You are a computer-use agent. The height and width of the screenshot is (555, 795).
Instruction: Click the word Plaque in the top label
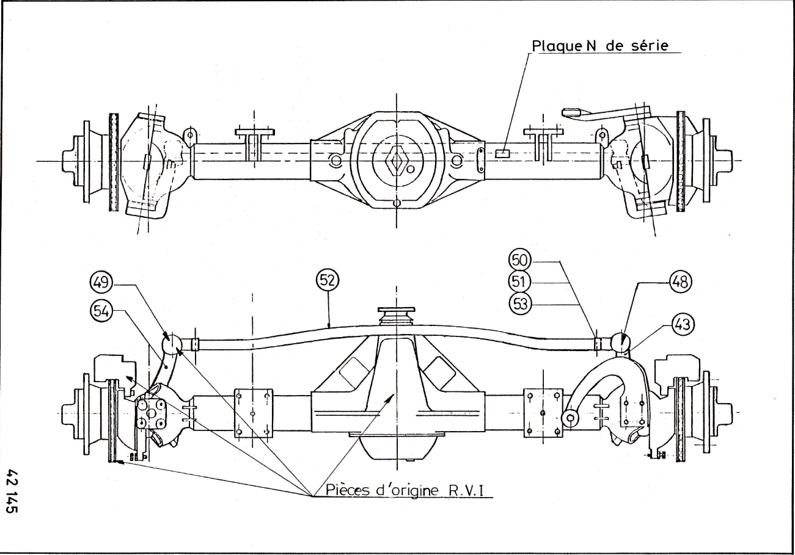click(x=550, y=46)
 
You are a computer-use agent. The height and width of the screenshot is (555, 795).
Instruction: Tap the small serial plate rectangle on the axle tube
click(x=503, y=153)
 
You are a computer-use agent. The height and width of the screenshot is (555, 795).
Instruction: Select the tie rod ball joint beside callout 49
click(x=172, y=345)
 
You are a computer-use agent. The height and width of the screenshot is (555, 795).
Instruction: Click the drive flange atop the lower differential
click(x=397, y=315)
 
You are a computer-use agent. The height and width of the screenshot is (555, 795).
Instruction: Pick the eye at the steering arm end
click(x=570, y=418)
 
